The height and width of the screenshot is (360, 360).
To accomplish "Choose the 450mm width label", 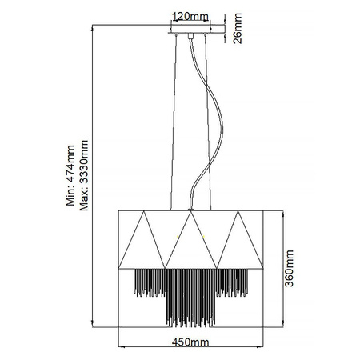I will coord(190,342).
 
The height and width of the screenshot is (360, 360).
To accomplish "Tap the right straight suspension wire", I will coord(210,120).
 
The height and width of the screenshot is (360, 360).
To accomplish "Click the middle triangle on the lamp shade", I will coord(190,240).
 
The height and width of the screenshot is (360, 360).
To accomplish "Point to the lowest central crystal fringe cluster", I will coord(190,308).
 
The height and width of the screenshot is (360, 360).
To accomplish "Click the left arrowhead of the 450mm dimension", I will coord(122,347).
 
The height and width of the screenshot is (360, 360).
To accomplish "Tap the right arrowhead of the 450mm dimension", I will coord(259,347).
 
